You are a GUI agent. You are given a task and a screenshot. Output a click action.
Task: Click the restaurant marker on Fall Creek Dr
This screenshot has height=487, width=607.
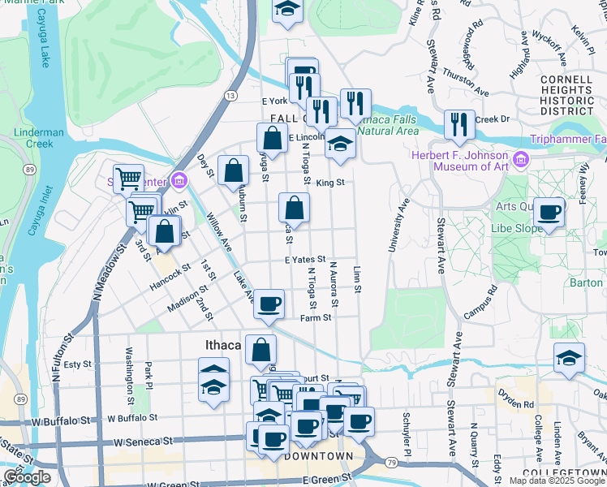point(460,124)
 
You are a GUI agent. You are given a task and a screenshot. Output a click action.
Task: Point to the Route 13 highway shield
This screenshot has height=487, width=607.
point(232,96)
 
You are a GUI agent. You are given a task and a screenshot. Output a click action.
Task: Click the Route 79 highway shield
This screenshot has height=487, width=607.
point(390,462)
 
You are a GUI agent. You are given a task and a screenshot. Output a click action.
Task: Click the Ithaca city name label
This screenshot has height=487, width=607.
point(221,346)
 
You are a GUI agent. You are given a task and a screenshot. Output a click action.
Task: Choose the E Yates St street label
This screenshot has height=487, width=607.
point(304,259)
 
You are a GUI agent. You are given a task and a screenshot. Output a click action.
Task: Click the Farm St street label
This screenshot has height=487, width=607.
point(316,317)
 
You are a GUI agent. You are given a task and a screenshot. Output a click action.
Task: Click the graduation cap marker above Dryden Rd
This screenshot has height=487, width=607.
point(569,357)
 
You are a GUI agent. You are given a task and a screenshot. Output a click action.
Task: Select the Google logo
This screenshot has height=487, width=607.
point(27,477)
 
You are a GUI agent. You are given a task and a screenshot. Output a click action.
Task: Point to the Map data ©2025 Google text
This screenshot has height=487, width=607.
point(556,481)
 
